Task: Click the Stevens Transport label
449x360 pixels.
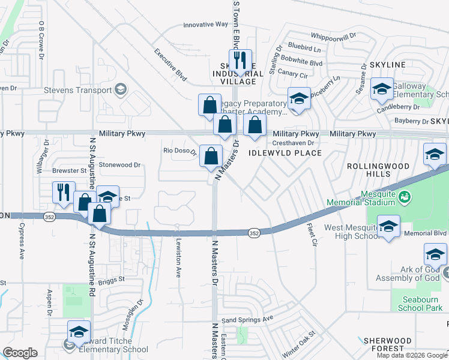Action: click(x=78, y=91)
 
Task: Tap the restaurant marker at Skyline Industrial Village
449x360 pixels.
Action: click(x=240, y=60)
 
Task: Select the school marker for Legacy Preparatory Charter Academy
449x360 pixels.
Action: click(x=299, y=98)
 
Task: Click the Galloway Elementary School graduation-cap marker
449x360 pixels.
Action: click(x=382, y=89)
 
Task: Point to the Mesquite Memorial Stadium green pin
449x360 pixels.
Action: click(x=405, y=196)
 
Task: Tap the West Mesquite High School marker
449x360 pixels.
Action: click(x=388, y=226)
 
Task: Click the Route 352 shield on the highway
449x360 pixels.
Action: click(x=255, y=232)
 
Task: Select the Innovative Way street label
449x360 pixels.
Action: click(x=206, y=25)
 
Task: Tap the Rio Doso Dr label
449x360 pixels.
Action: click(x=180, y=151)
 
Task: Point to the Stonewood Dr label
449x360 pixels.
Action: click(x=119, y=164)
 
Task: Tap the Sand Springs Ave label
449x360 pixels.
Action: click(x=247, y=319)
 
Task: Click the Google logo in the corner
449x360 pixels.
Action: click(x=20, y=353)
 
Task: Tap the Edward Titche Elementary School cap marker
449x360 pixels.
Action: click(x=79, y=331)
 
